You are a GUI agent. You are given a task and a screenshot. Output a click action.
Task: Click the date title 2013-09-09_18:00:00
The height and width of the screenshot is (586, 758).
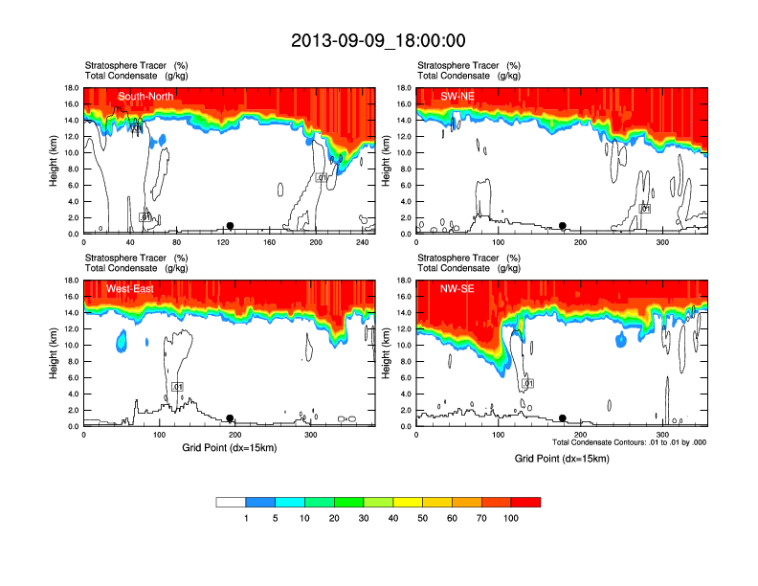(378, 40)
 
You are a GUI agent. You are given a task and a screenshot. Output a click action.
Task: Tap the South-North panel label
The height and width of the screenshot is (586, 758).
(145, 97)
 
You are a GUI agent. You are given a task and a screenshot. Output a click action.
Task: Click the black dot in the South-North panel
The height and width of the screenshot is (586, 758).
(230, 226)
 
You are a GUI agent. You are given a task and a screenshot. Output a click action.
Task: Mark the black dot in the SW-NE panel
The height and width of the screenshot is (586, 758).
(563, 226)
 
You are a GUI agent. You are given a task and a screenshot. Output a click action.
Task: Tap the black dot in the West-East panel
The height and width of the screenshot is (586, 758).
(230, 418)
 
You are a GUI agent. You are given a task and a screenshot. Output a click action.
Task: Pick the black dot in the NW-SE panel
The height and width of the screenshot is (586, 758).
(563, 418)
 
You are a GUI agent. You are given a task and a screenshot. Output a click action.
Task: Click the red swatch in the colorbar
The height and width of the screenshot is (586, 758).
(525, 502)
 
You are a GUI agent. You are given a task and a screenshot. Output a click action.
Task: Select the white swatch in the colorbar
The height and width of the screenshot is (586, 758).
(231, 502)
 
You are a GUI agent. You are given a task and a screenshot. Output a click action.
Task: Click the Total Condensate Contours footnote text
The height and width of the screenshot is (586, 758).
(629, 442)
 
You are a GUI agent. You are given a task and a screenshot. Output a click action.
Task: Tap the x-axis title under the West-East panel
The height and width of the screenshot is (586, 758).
(230, 447)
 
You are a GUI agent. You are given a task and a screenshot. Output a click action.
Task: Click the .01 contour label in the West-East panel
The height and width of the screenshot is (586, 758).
(177, 387)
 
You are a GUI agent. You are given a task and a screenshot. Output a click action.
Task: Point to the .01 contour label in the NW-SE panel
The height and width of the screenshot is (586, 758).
(526, 383)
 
